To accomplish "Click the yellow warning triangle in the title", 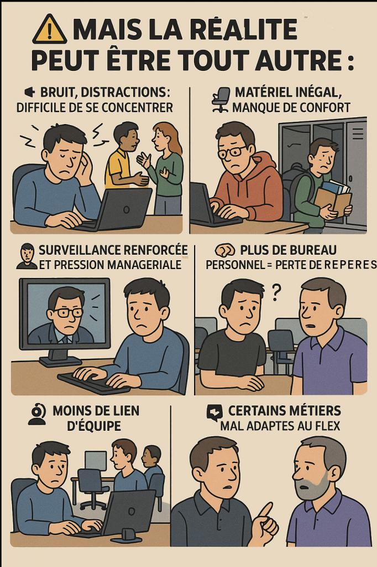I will point(49,30).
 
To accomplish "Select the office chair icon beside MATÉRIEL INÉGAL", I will point(220,99).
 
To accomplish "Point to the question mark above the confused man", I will point(277,289).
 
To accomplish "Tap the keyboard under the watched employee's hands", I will point(94,382).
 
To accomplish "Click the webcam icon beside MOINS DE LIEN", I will point(37,415).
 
